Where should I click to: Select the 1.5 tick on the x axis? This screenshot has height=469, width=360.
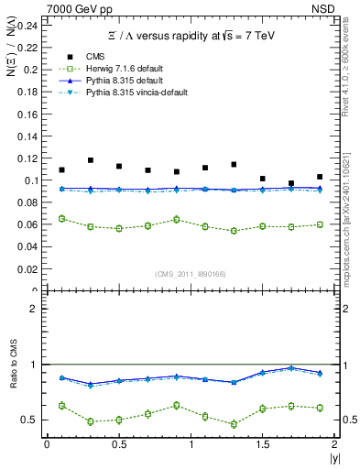point(263,443)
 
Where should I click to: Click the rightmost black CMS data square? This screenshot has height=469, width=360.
point(320,177)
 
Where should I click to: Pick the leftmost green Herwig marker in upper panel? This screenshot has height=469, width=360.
point(61,219)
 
